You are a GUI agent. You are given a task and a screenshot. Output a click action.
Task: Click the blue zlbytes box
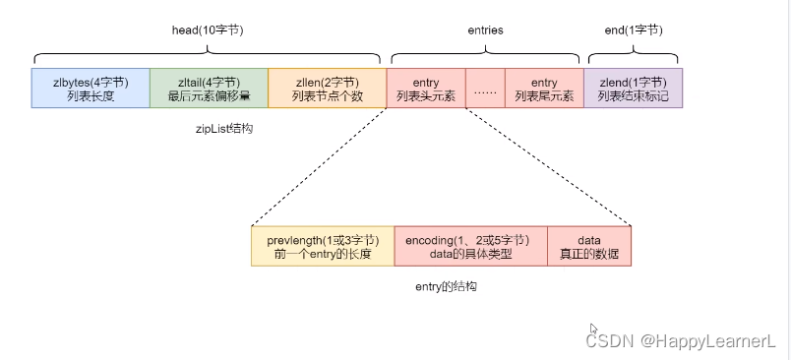tap(91, 88)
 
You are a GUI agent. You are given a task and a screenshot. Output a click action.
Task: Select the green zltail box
tap(209, 88)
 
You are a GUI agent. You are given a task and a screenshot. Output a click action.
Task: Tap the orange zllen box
tap(327, 88)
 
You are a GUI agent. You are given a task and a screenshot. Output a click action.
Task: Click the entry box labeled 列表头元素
tap(426, 88)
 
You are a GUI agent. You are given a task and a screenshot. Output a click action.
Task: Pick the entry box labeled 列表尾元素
tap(544, 88)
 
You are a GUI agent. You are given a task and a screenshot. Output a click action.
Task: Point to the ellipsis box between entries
tap(485, 88)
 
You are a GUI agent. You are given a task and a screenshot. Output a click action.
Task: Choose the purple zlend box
tap(633, 88)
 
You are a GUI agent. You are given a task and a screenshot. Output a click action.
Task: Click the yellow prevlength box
tap(323, 246)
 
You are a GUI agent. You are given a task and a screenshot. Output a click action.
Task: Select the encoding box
tap(470, 246)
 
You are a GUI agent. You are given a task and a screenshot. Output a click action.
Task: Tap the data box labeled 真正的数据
tap(588, 246)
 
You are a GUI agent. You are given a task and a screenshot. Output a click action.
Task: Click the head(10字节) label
tap(208, 30)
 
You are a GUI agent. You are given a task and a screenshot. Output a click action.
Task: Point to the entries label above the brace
tap(484, 30)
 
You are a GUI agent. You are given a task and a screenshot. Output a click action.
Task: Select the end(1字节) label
tap(633, 30)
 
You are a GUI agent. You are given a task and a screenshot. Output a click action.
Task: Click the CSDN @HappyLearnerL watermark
tap(681, 341)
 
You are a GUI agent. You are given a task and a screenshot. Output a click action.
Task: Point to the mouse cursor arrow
tap(593, 330)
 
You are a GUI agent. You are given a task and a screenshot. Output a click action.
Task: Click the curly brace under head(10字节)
tap(207, 54)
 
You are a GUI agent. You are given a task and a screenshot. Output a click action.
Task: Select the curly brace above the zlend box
tap(633, 54)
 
